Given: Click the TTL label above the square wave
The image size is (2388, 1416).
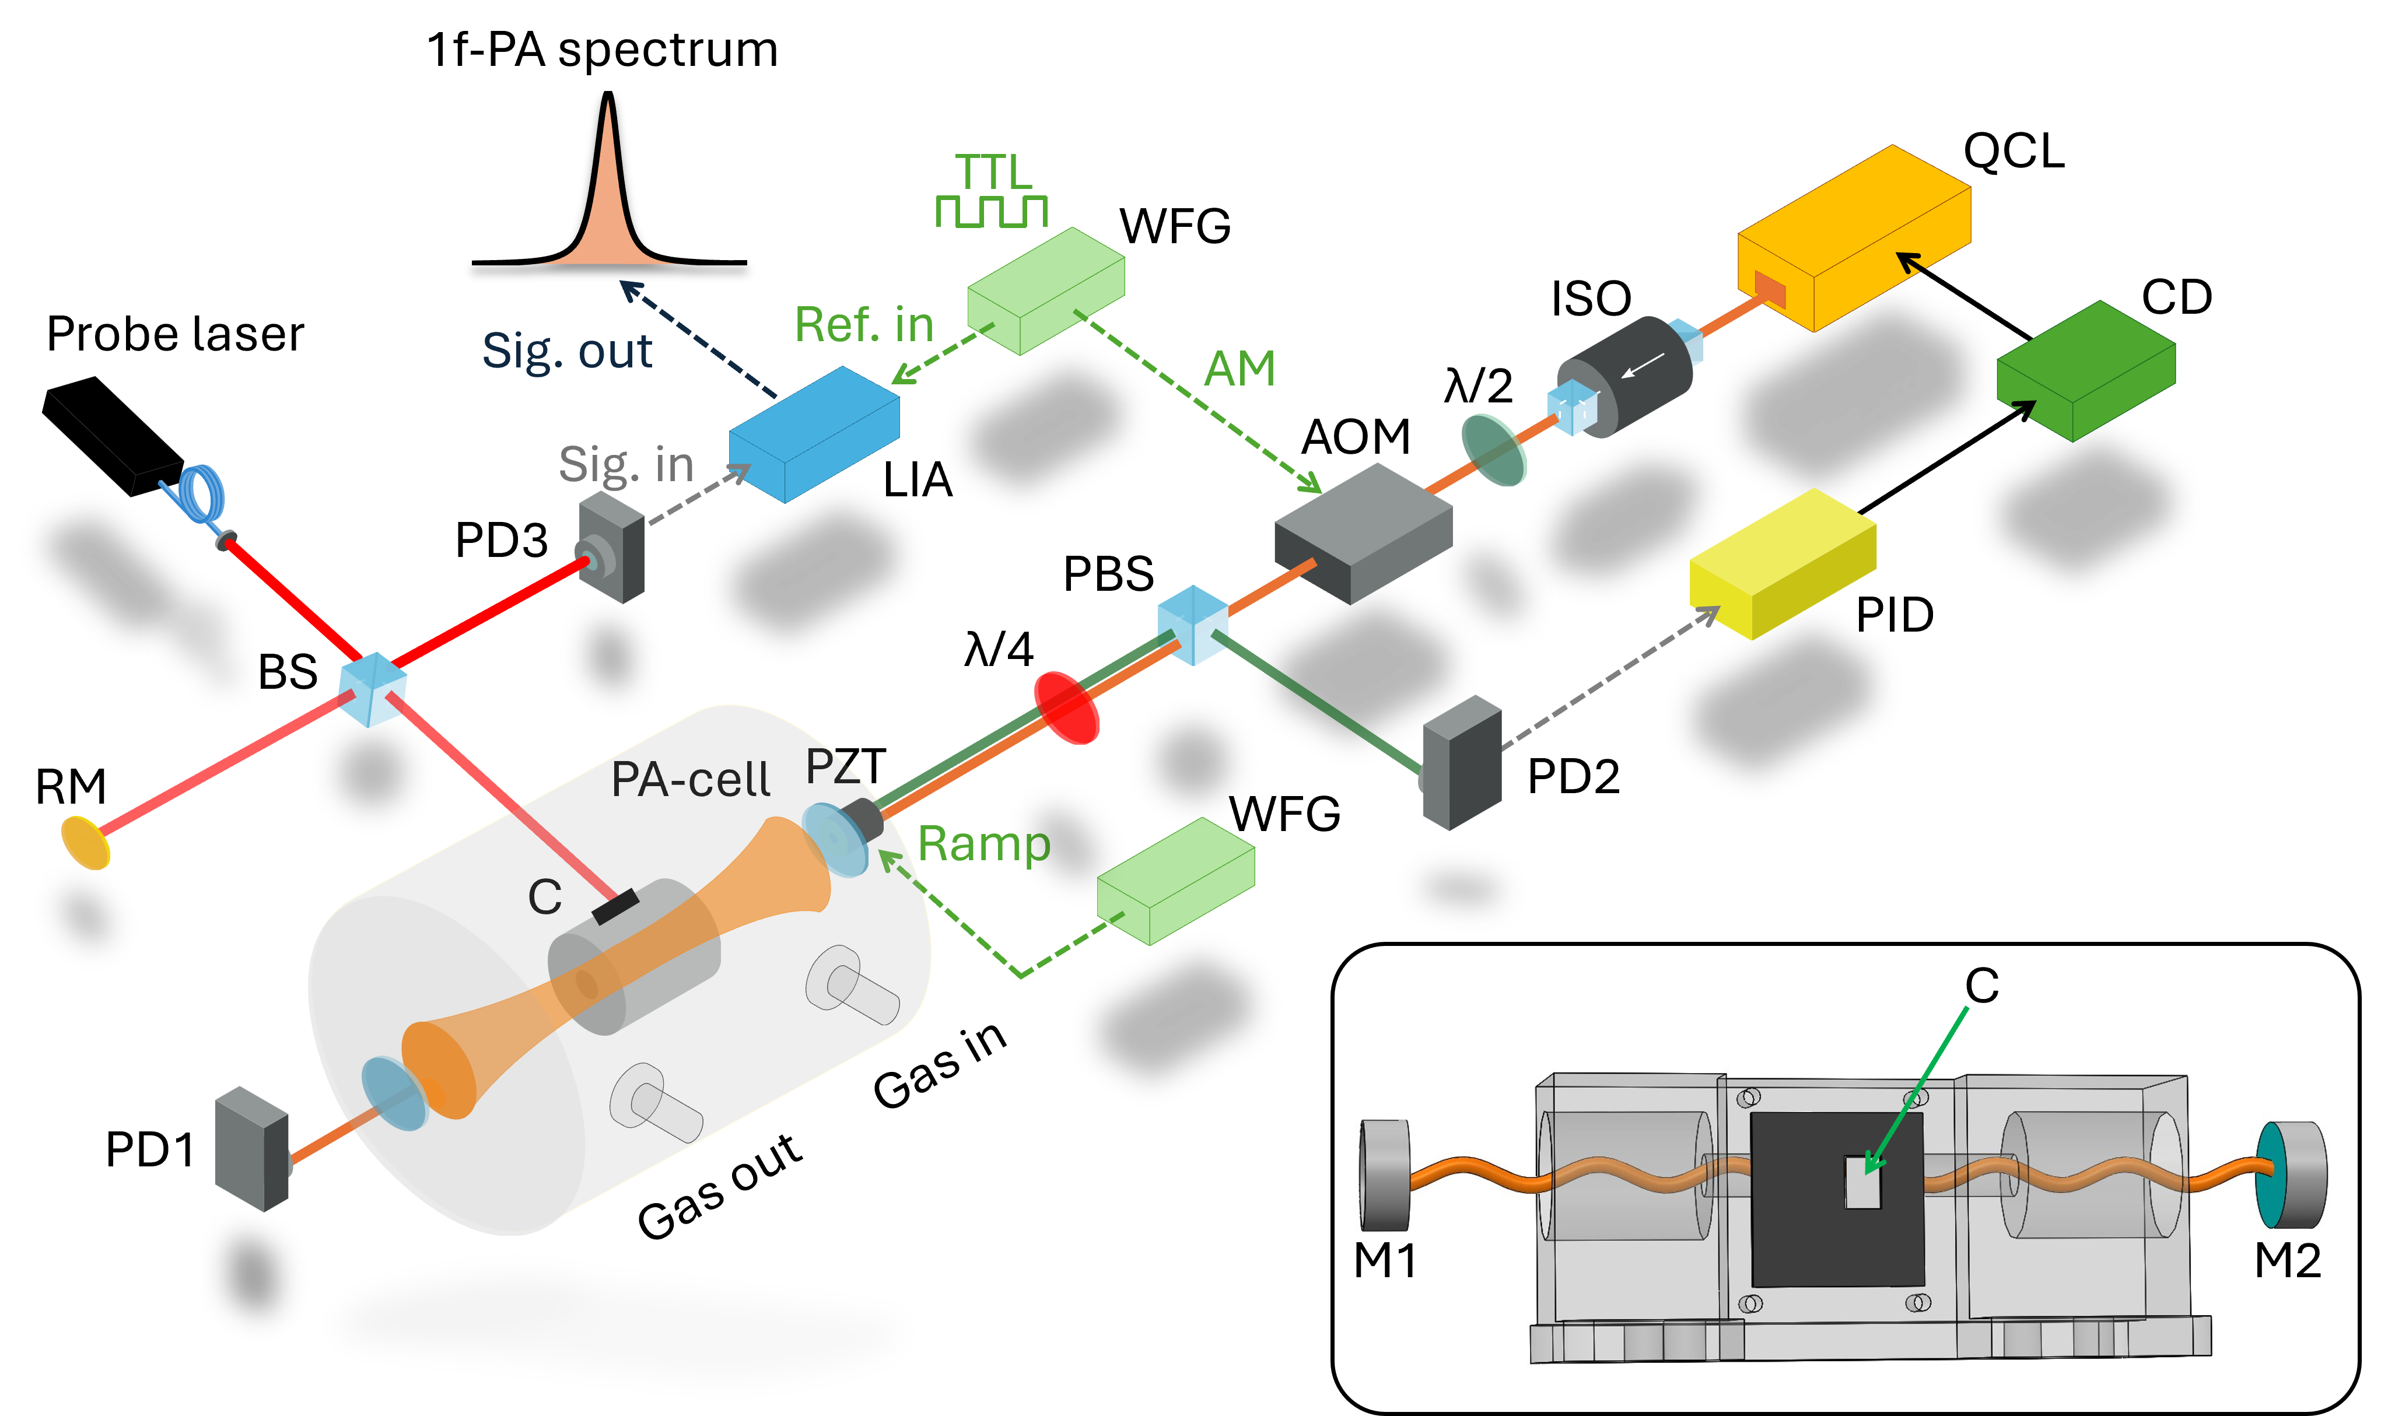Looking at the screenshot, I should pyautogui.click(x=993, y=173).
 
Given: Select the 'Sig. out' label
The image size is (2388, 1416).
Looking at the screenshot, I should pyautogui.click(x=567, y=350).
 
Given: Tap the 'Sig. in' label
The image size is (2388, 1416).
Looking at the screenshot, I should pyautogui.click(x=626, y=465).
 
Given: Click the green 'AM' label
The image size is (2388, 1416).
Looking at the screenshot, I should pyautogui.click(x=1239, y=369).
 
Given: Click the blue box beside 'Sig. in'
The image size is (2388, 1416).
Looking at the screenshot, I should pyautogui.click(x=814, y=434).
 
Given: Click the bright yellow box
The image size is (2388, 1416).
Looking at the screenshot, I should pyautogui.click(x=1782, y=563).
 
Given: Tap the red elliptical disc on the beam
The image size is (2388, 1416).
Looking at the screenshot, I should pyautogui.click(x=1067, y=707).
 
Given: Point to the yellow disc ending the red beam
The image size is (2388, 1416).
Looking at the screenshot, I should pyautogui.click(x=86, y=843).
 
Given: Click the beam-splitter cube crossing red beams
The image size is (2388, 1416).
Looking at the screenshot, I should pyautogui.click(x=373, y=689).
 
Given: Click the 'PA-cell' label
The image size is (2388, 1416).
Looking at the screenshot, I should pyautogui.click(x=690, y=780).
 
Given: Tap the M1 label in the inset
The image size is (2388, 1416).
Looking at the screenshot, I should pyautogui.click(x=1384, y=1260).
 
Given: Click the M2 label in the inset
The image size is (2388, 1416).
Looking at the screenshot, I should pyautogui.click(x=2287, y=1260).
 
